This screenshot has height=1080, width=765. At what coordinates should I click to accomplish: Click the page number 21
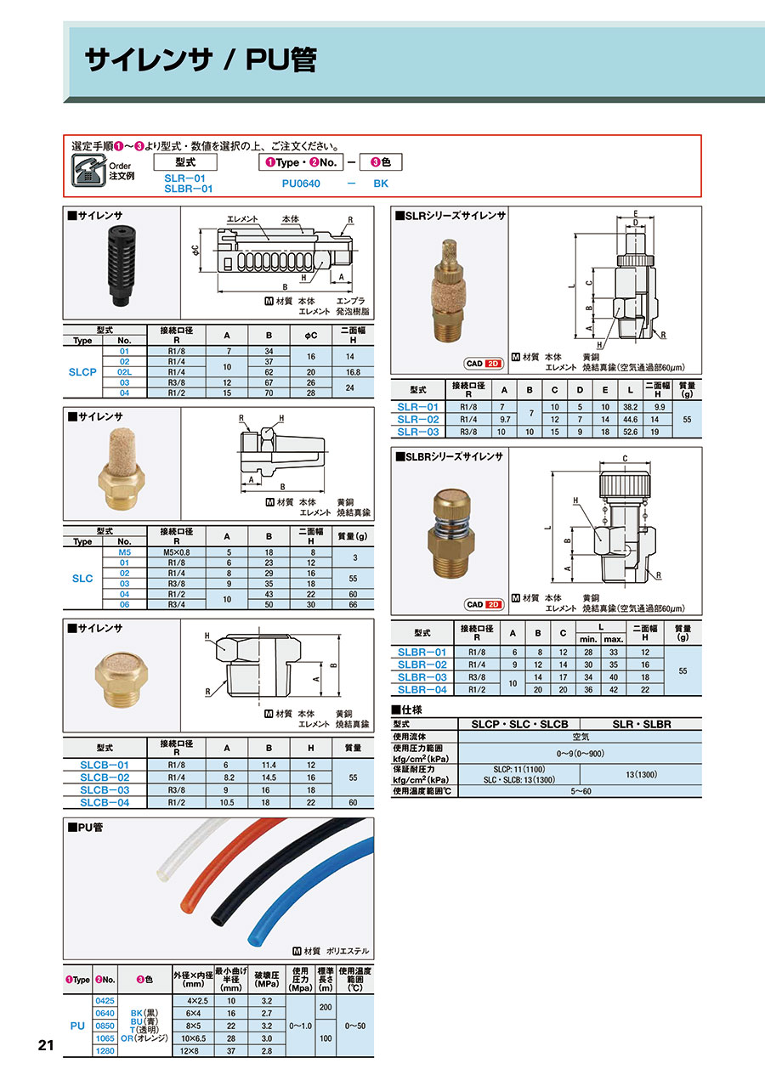[x=46, y=1045]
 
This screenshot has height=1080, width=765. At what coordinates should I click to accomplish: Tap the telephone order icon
[x=88, y=170]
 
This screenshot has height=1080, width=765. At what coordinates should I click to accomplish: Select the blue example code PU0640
[x=301, y=184]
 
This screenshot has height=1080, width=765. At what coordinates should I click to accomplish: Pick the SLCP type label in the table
[x=82, y=372]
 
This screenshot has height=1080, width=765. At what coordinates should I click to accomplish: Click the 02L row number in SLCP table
[x=124, y=372]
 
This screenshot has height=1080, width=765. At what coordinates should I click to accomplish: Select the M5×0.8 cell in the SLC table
[x=177, y=552]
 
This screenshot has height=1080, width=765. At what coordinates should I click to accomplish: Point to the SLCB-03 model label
[x=105, y=790]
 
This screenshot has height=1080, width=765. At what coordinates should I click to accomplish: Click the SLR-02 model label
[x=418, y=420]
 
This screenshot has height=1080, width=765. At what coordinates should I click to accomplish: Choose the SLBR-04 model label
[x=422, y=690]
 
